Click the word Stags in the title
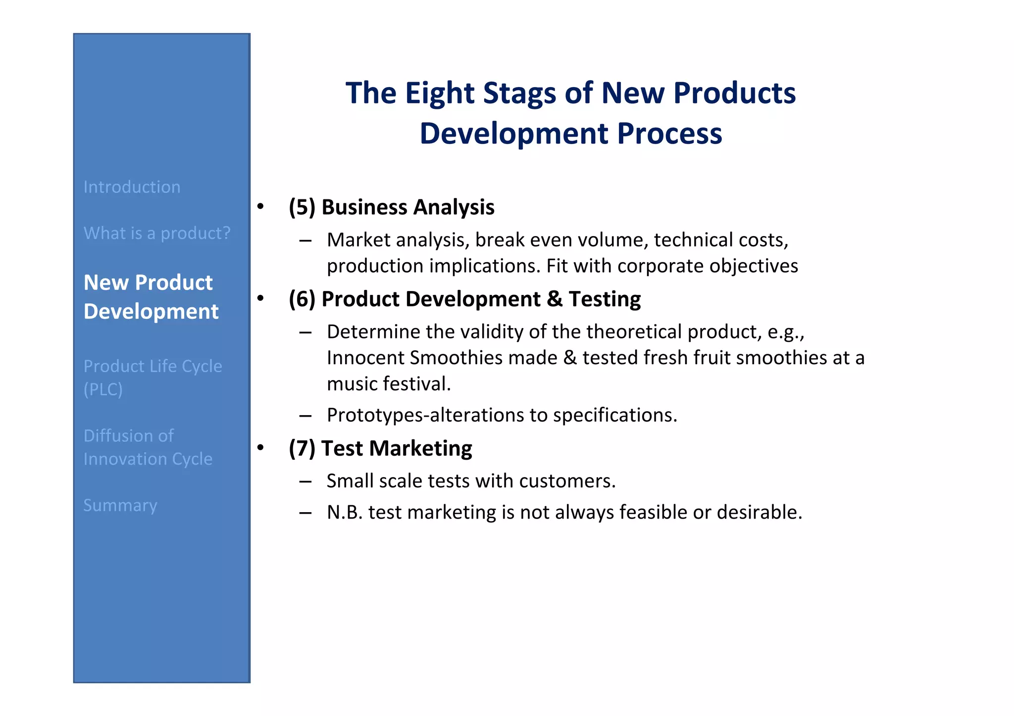[x=519, y=93]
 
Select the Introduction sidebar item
[x=132, y=187]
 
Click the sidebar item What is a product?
[x=157, y=233]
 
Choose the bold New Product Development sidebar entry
[x=151, y=297]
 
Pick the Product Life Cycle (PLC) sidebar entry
[x=152, y=377]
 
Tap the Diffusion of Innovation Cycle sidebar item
[x=148, y=447]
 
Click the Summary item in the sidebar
[x=120, y=505]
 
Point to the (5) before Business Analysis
[x=302, y=207]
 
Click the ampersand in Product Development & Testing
[x=555, y=299]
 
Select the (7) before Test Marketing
[x=302, y=448]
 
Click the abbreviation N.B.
[x=345, y=512]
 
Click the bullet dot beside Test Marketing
[x=260, y=448]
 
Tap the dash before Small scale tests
[x=305, y=481]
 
